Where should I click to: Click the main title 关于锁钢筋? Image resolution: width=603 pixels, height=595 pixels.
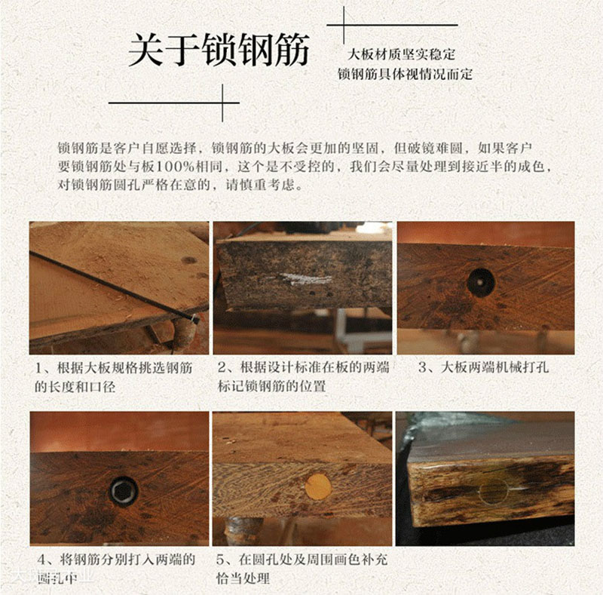pos(219,51)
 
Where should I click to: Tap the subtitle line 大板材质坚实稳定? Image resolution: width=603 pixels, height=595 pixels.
pos(401,55)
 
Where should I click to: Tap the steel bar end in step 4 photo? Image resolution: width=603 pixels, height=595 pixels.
pos(124,492)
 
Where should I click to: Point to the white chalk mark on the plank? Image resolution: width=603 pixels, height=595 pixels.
pos(306,279)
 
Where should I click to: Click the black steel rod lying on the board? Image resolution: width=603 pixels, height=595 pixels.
pos(113,285)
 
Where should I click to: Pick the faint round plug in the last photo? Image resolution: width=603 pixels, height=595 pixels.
pos(494,491)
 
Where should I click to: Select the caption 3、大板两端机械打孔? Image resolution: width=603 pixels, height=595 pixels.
pos(485,368)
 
